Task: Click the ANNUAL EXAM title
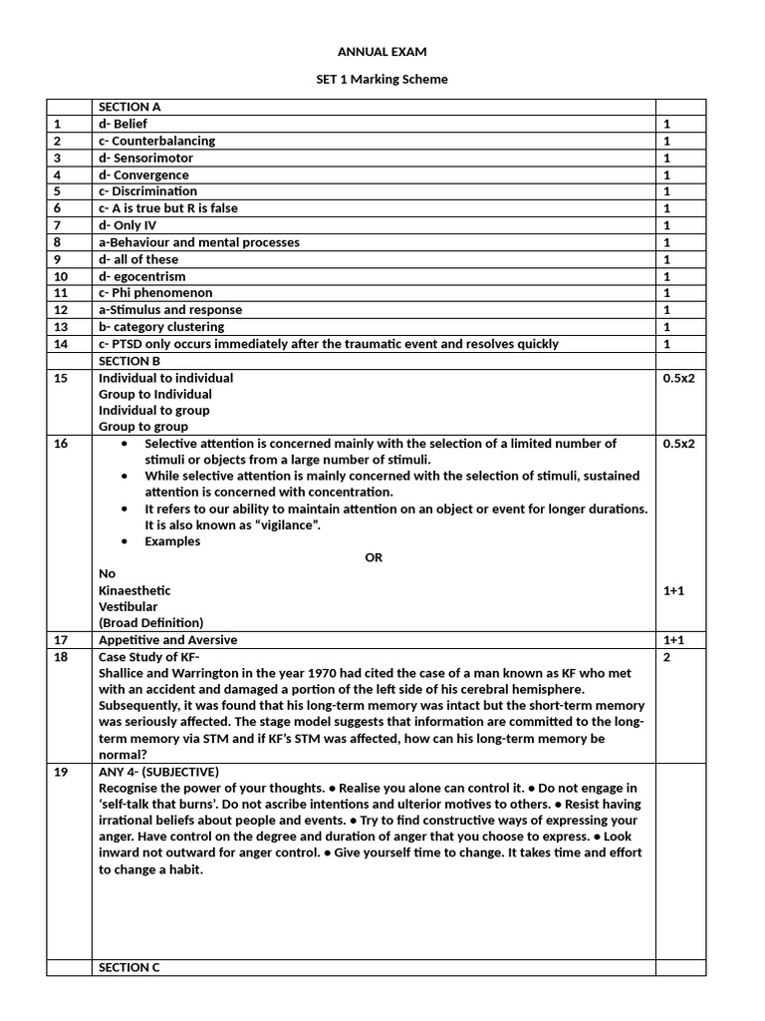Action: (x=382, y=52)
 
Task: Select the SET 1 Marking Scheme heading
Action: (x=382, y=80)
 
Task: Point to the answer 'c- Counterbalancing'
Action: (x=156, y=141)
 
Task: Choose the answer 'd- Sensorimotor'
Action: (x=145, y=158)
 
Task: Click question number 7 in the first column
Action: (x=57, y=225)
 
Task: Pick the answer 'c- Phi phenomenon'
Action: (x=155, y=293)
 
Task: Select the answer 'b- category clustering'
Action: (x=161, y=327)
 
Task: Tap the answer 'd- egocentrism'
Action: (x=141, y=276)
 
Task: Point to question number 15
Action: (x=61, y=378)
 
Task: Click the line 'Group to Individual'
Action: (x=155, y=394)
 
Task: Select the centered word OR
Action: (x=374, y=557)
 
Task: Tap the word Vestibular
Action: (x=127, y=606)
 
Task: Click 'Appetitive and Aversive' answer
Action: (x=167, y=640)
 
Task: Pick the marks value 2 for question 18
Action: (x=667, y=657)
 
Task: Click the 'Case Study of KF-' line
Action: (x=149, y=657)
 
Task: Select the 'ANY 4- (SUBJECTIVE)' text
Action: (x=158, y=772)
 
